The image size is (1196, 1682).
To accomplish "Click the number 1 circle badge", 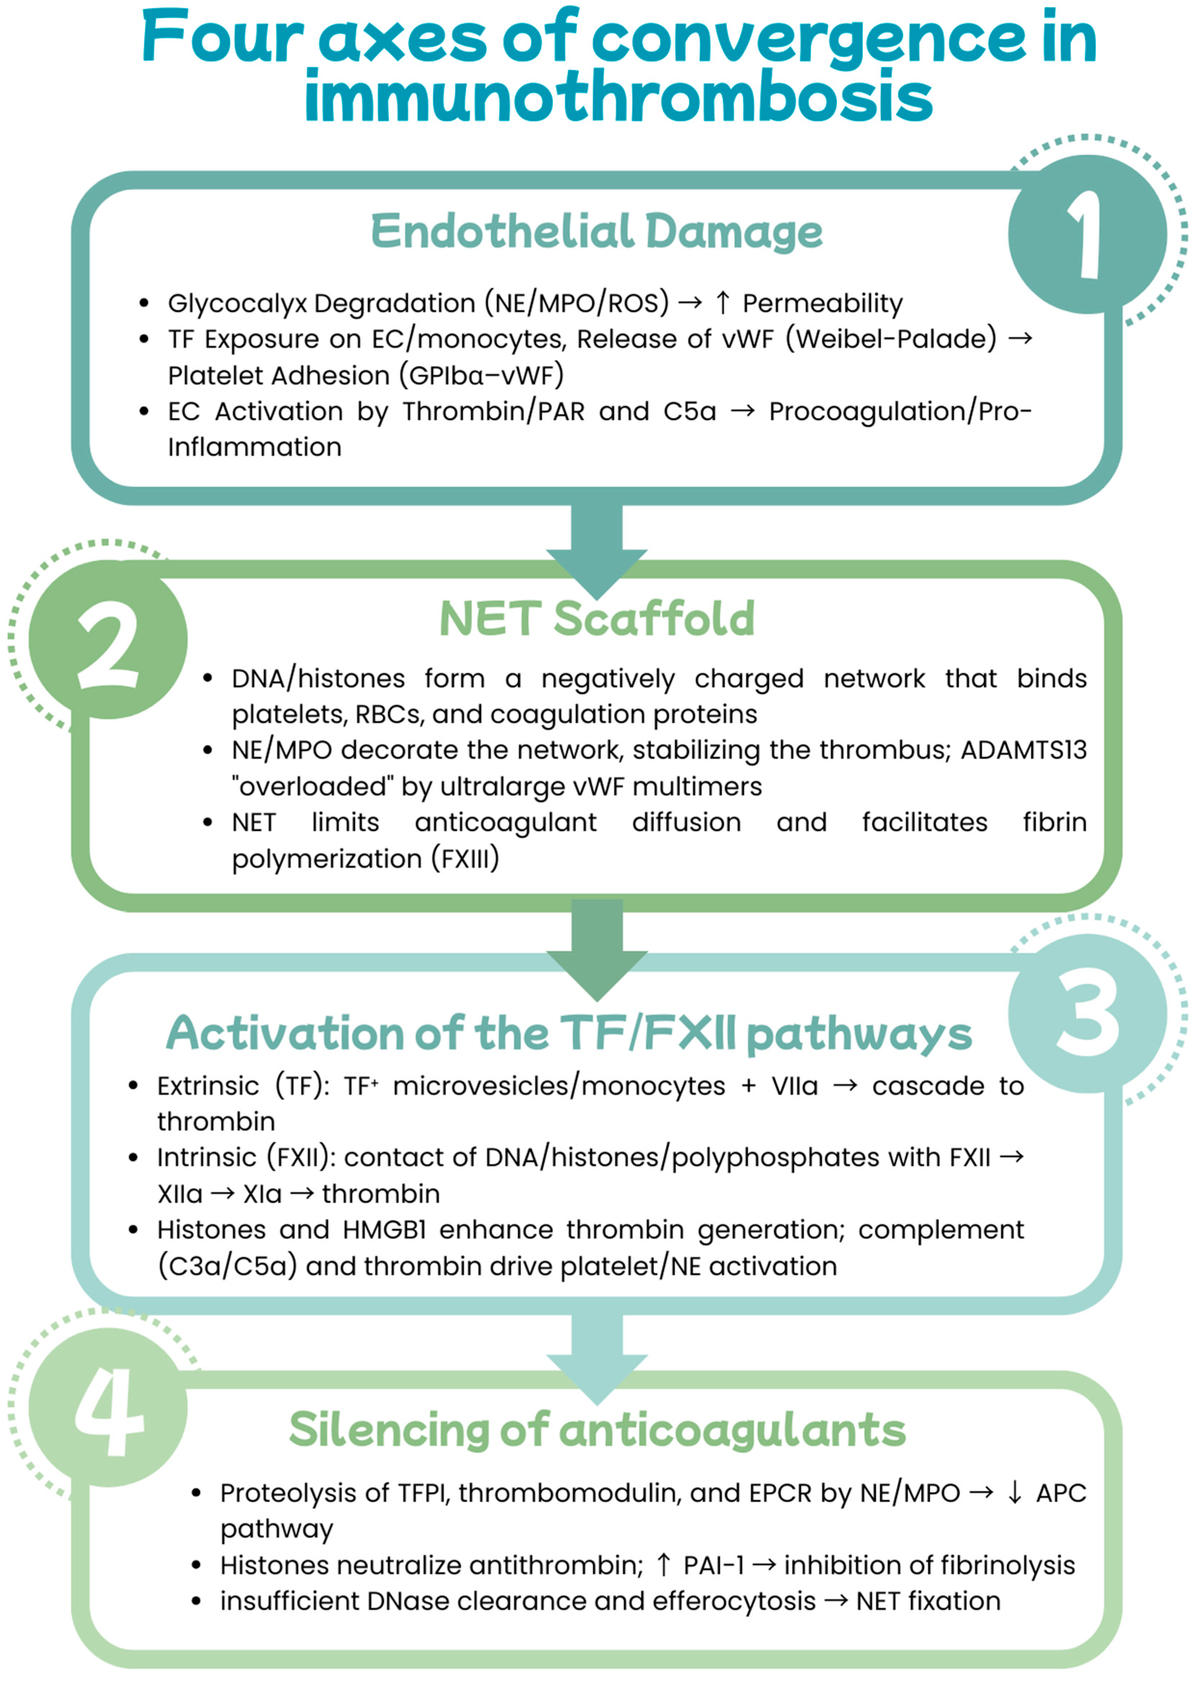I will [x=1087, y=234].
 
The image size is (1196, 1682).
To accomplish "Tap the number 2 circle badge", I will [x=108, y=639].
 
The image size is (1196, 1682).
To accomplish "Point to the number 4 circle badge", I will [x=108, y=1408].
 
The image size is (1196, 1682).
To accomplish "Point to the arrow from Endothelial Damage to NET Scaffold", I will [x=596, y=549].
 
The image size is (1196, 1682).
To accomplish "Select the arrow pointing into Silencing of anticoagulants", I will [x=596, y=1355].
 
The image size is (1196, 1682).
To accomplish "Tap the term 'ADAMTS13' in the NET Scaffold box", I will [x=1024, y=750].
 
